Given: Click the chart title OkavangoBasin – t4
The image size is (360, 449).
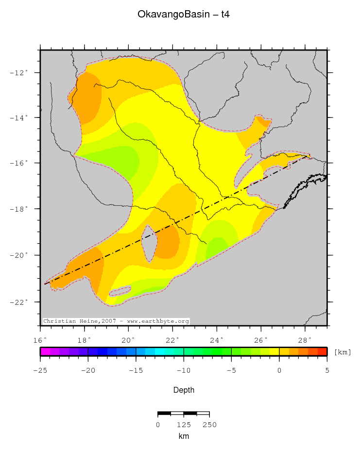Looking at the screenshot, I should point(184,15).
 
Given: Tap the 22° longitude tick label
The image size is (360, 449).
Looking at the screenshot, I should point(172,340).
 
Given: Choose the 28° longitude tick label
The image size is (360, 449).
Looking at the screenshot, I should point(305,340).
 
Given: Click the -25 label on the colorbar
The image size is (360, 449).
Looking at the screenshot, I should point(40,370).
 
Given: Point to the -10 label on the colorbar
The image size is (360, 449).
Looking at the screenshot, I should point(184,370).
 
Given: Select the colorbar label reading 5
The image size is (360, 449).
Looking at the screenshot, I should point(327,370).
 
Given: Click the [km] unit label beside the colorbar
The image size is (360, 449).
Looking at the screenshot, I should point(343,352).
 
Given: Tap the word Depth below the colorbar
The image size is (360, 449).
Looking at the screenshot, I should point(184,390).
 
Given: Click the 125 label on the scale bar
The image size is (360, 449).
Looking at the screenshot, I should point(184,425).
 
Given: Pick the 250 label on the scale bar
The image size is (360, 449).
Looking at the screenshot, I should point(209,425).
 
